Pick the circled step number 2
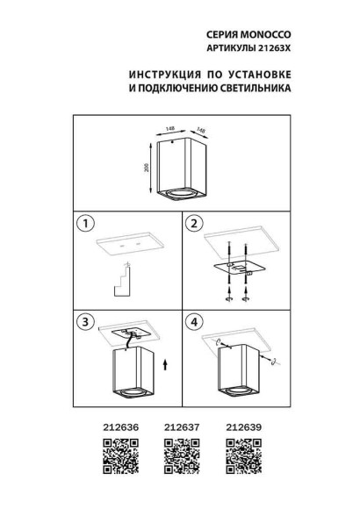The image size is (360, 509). coord(196,223)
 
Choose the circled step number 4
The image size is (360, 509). coord(196,322)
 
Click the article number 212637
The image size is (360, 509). coord(180,429)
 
